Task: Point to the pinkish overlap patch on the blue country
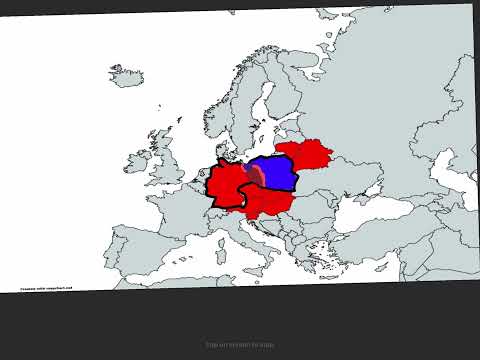[x=256, y=175]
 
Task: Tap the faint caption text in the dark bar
[x=240, y=345]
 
